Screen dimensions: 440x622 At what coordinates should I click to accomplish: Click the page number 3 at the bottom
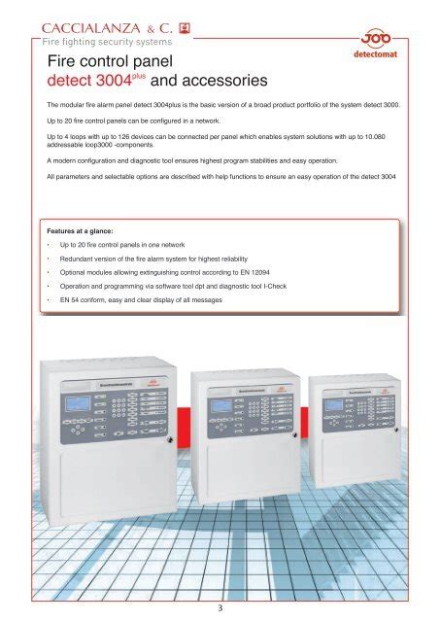(x=220, y=608)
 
